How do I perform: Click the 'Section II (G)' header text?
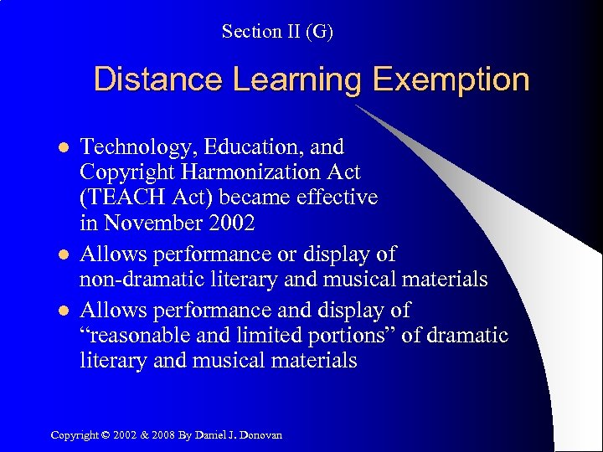click(x=277, y=32)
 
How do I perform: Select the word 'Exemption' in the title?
click(x=451, y=80)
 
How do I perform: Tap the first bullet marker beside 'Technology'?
click(x=59, y=147)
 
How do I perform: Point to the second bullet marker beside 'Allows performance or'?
click(x=59, y=254)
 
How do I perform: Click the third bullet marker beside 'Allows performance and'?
click(x=59, y=310)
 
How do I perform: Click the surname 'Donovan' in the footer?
click(x=263, y=434)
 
